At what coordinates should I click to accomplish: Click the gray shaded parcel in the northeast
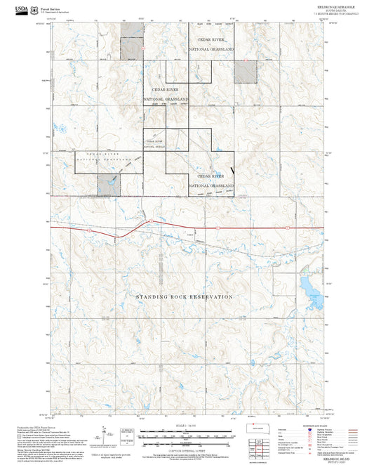245,71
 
